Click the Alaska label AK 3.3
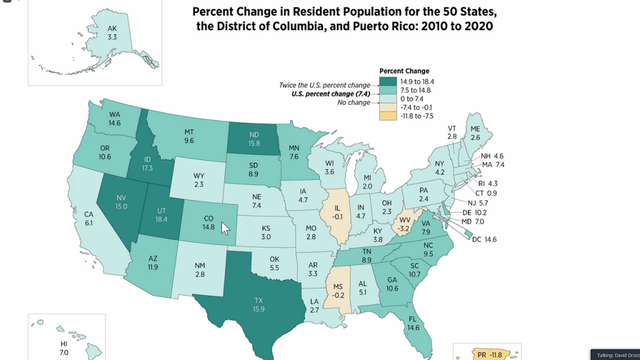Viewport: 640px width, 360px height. pyautogui.click(x=112, y=32)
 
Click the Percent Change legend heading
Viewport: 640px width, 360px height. pyautogui.click(x=404, y=71)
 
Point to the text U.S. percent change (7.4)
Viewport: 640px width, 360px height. pyautogui.click(x=332, y=94)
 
